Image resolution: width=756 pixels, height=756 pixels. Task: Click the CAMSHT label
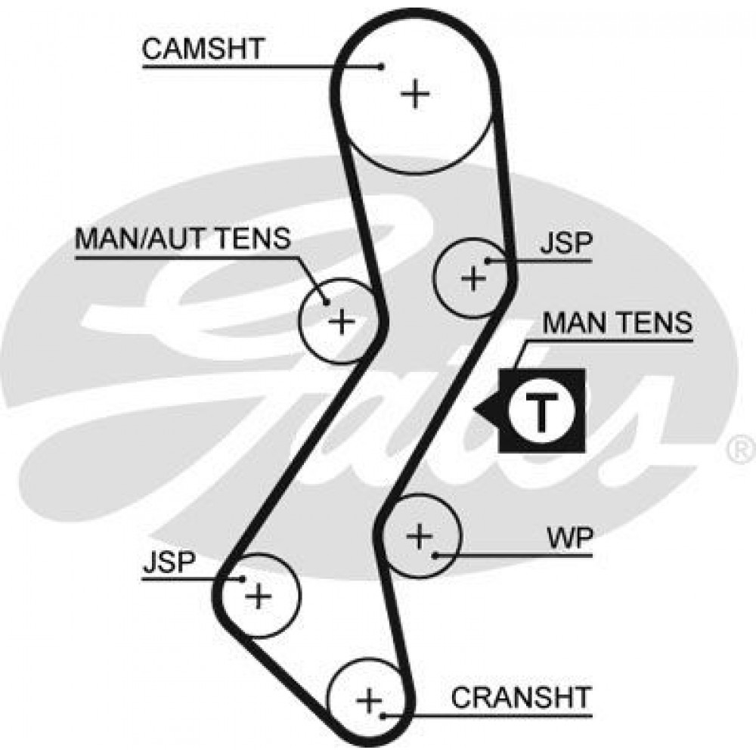pos(203,48)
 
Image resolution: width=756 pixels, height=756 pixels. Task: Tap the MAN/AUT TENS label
pos(183,237)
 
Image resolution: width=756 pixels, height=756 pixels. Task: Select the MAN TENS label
pos(617,323)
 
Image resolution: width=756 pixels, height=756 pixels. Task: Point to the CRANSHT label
pos(521,697)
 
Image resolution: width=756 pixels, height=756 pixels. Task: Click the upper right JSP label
pos(565,243)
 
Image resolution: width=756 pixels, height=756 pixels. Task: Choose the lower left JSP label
pos(169,562)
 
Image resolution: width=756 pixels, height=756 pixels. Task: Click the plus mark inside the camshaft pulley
pos(415,94)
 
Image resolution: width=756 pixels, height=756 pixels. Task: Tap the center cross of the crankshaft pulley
pos(369,700)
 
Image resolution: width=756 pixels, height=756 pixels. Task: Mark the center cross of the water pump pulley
pos(420,536)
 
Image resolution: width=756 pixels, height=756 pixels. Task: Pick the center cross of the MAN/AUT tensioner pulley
pos(342,321)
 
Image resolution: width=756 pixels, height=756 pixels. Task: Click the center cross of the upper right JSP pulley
pos(474,278)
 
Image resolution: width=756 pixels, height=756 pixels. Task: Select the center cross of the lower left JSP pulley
pos(259,596)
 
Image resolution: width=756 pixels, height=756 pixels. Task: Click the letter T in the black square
pos(542,412)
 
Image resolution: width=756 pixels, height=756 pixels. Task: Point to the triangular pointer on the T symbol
pos(486,411)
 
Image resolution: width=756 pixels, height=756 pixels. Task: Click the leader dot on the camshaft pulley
pos(382,67)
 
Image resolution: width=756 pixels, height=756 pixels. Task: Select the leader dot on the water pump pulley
pos(435,556)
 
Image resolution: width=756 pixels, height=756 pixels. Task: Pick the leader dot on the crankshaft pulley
pos(383,716)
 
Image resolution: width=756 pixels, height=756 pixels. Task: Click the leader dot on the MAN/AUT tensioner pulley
pos(327,302)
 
